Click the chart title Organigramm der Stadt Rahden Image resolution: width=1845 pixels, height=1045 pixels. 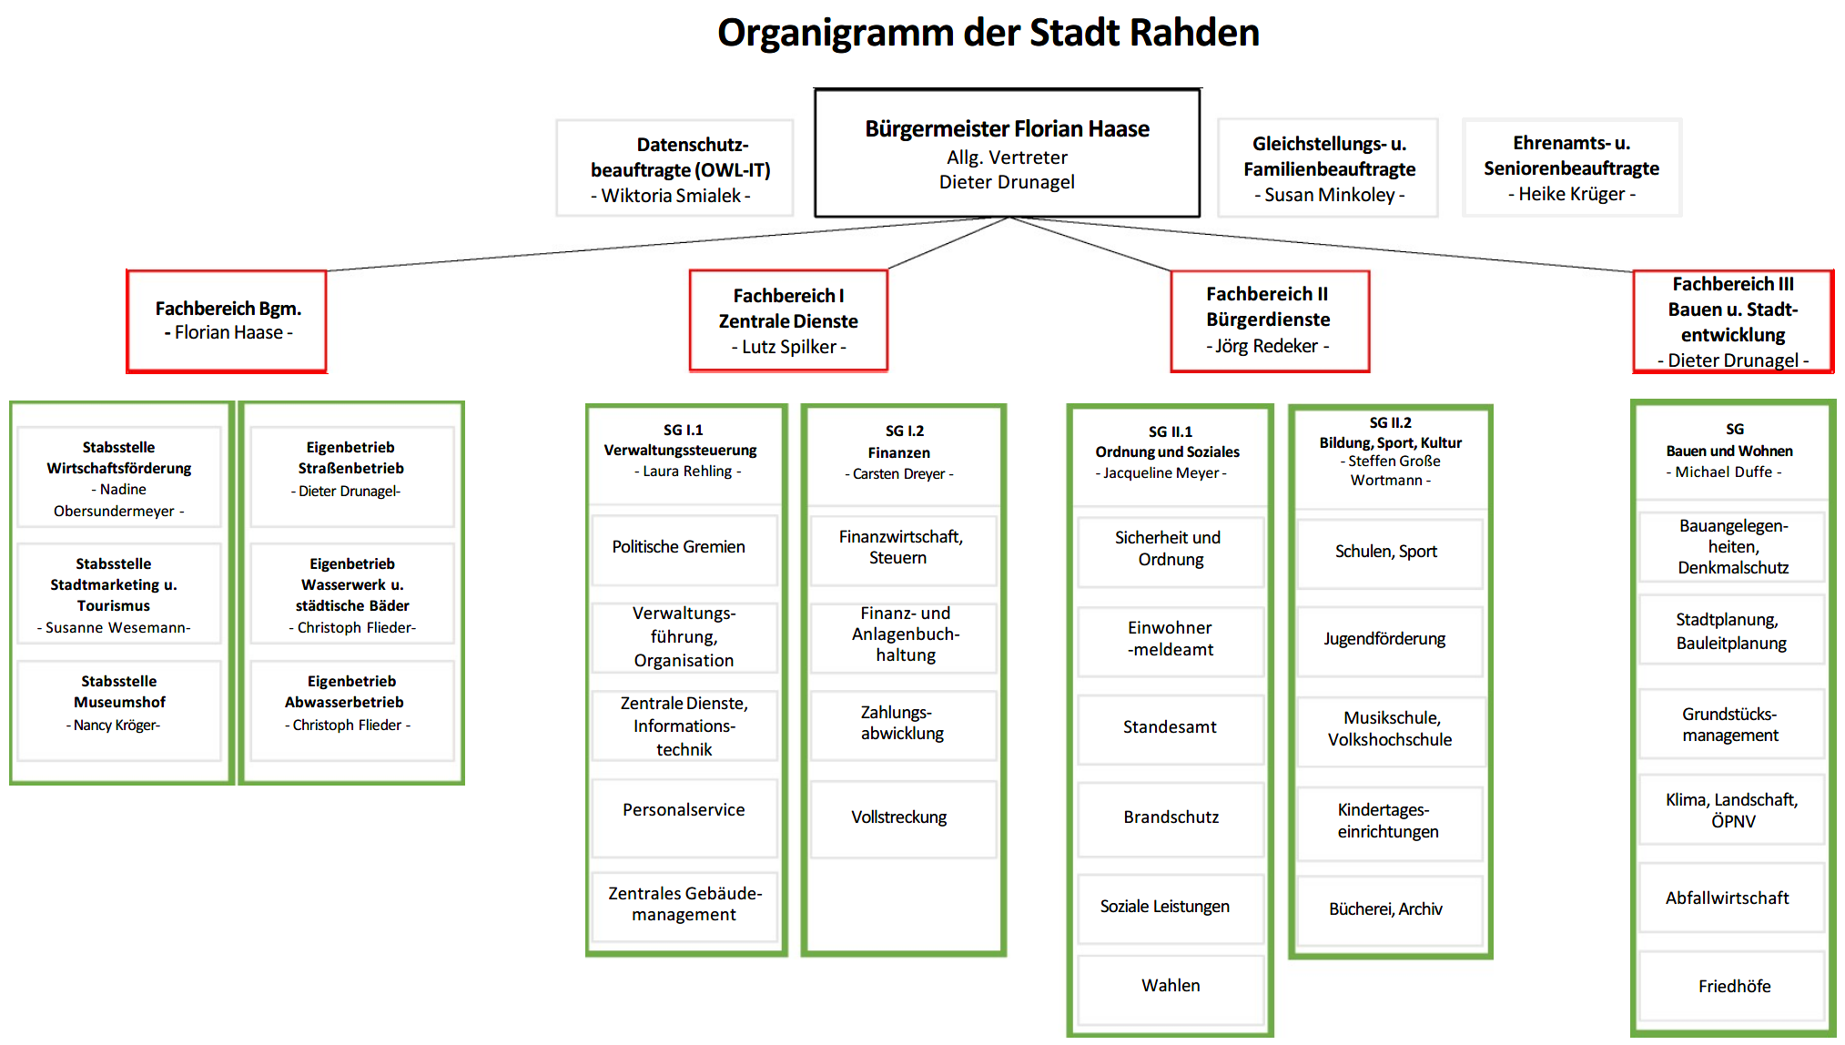tap(988, 33)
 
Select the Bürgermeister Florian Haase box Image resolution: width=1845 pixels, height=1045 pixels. tap(1007, 153)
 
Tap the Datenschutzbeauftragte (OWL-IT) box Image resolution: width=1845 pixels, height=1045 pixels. tap(674, 168)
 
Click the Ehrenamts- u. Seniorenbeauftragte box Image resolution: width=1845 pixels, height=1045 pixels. tap(1572, 167)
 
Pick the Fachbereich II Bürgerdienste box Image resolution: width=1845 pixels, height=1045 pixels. tap(1270, 321)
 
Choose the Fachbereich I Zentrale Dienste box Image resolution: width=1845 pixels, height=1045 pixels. tap(788, 320)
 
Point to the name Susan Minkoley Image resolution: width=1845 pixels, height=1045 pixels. tap(1330, 195)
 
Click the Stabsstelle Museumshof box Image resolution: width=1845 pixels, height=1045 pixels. tap(119, 710)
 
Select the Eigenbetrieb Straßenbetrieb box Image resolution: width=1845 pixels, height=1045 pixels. tap(352, 477)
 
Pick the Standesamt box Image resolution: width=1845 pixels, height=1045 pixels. tap(1171, 729)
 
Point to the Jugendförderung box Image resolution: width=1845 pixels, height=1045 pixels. tap(1389, 641)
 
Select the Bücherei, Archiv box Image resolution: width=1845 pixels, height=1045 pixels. tap(1389, 910)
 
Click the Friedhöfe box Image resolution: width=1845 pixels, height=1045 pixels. tap(1732, 987)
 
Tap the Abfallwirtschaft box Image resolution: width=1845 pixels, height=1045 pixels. tap(1732, 898)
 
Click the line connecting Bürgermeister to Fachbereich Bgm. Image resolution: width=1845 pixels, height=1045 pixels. tap(667, 244)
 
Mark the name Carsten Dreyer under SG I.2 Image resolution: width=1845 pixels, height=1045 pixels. tap(899, 474)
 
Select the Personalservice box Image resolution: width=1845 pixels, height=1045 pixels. tap(684, 817)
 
